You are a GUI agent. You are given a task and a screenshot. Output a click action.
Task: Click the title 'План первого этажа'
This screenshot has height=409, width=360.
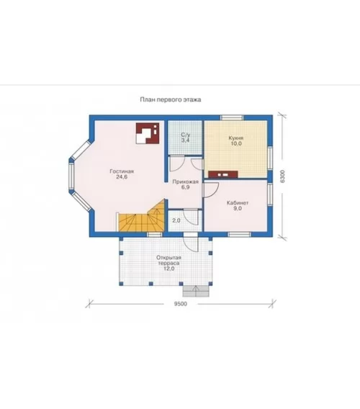tap(171, 99)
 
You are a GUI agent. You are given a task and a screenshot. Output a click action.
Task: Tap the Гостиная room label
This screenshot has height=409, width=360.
tap(122, 171)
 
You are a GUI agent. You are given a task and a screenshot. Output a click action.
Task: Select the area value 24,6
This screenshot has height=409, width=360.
tap(122, 177)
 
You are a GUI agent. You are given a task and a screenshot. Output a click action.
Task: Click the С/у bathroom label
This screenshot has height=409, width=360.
tap(186, 135)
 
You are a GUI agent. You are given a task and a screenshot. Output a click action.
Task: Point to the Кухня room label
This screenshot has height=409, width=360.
tap(236, 138)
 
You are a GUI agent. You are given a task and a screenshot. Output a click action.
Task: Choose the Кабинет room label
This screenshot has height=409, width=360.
tap(238, 202)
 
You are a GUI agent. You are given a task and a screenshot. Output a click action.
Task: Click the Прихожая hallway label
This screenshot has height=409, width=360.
tap(186, 181)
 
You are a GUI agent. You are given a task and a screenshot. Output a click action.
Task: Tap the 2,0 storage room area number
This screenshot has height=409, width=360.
tap(176, 220)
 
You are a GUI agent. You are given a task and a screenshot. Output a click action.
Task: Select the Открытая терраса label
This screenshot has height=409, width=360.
tap(168, 261)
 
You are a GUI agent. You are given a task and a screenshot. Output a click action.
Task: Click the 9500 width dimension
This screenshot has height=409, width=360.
tap(181, 304)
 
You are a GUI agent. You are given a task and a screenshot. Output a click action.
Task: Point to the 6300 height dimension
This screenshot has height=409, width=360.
tap(283, 176)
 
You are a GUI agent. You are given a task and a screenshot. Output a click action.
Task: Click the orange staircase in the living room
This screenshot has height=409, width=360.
tap(141, 217)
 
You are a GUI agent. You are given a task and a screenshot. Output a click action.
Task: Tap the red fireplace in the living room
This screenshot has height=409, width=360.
tap(148, 133)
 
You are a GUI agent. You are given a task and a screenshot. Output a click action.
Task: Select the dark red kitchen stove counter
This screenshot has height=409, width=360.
tap(223, 174)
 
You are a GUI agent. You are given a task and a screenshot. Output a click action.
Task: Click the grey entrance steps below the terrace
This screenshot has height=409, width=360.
tap(196, 291)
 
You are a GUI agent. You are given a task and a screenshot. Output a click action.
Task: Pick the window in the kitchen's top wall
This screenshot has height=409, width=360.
tap(232, 117)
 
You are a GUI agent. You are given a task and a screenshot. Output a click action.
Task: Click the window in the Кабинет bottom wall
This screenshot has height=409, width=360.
tap(239, 235)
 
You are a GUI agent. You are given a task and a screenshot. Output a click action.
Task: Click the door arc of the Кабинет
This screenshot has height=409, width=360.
tap(211, 190)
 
